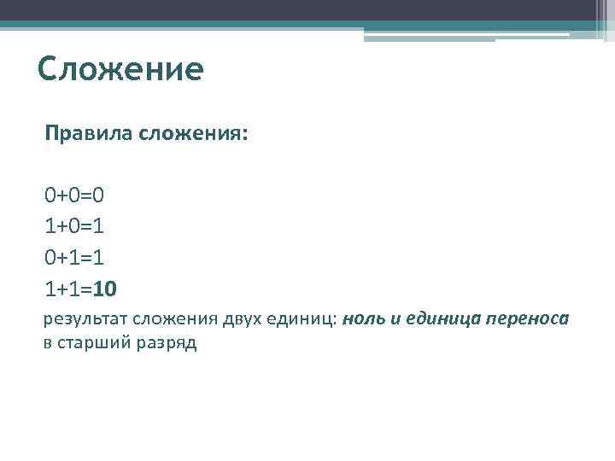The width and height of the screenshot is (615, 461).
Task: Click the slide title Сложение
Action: tap(120, 69)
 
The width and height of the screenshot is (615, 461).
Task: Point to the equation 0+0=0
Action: tap(75, 195)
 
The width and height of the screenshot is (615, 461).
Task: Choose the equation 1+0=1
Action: tap(75, 225)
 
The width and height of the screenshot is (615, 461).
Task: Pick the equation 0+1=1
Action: tap(75, 256)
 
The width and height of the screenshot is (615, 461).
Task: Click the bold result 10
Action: tap(104, 288)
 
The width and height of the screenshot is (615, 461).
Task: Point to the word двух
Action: tap(244, 319)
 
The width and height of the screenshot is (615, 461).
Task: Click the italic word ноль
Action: tap(366, 319)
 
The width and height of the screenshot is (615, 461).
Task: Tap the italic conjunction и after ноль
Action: tap(396, 319)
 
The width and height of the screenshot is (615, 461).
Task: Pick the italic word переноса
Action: tap(527, 319)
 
